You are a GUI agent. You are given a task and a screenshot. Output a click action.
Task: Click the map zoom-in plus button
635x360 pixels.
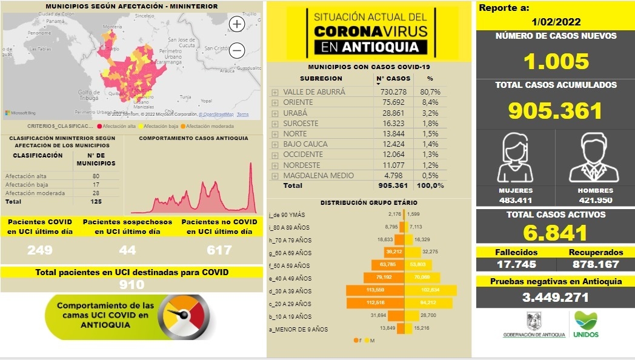237,24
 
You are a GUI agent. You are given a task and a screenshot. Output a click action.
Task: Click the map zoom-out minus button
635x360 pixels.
237,50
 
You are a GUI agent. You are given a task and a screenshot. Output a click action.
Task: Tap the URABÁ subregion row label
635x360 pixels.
295,113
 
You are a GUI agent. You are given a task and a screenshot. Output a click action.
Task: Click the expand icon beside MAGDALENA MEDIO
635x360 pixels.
275,175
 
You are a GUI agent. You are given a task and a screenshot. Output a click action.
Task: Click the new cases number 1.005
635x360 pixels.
556,61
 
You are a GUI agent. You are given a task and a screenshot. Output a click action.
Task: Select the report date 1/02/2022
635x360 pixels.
556,22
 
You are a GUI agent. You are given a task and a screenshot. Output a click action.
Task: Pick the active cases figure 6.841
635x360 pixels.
556,233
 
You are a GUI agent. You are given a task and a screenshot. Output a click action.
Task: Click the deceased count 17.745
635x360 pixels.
515,264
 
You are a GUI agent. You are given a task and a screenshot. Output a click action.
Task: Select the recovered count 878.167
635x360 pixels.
596,264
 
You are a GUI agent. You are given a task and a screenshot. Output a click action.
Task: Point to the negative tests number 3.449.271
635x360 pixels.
556,298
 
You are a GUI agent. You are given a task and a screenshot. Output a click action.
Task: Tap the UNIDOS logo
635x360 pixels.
586,324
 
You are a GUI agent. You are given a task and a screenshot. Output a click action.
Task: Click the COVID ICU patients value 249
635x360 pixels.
40,250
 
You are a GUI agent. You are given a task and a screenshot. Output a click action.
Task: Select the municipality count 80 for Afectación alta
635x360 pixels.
96,176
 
